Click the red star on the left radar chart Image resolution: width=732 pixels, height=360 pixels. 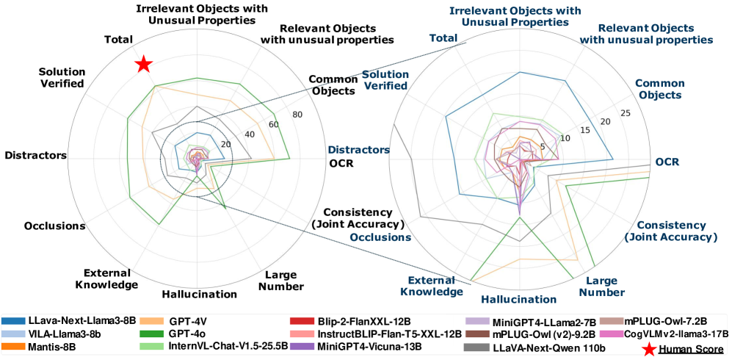pyautogui.click(x=144, y=65)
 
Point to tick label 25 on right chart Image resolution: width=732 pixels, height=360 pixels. pyautogui.click(x=626, y=113)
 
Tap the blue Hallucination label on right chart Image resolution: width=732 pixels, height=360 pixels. pyautogui.click(x=518, y=299)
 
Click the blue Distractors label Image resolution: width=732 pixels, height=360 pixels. pyautogui.click(x=358, y=150)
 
